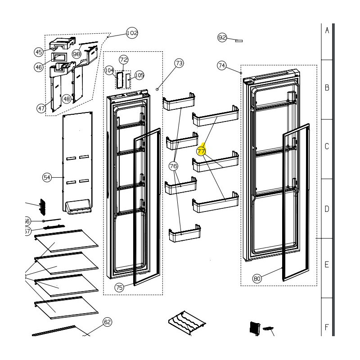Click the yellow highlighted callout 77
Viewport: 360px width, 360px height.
click(x=201, y=152)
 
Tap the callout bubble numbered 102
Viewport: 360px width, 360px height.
click(x=132, y=33)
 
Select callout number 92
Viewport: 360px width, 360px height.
click(x=222, y=38)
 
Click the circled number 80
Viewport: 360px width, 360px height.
click(x=257, y=279)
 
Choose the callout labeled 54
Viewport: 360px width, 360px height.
click(x=47, y=177)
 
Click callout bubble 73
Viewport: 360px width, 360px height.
click(x=179, y=63)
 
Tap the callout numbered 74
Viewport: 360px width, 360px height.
click(x=222, y=66)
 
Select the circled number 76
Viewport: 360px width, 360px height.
click(x=174, y=166)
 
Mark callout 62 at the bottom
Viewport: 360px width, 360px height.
click(x=107, y=322)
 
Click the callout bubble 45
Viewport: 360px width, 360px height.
click(x=39, y=52)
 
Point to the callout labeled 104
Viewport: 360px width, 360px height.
click(x=109, y=71)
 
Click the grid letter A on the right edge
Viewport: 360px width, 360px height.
click(x=327, y=30)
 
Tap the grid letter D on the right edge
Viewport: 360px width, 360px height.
click(x=327, y=208)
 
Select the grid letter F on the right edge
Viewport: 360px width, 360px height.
click(x=327, y=327)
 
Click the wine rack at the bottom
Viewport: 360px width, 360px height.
click(x=186, y=323)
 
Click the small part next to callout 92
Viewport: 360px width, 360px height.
click(x=238, y=40)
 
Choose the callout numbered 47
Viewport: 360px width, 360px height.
click(x=42, y=108)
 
